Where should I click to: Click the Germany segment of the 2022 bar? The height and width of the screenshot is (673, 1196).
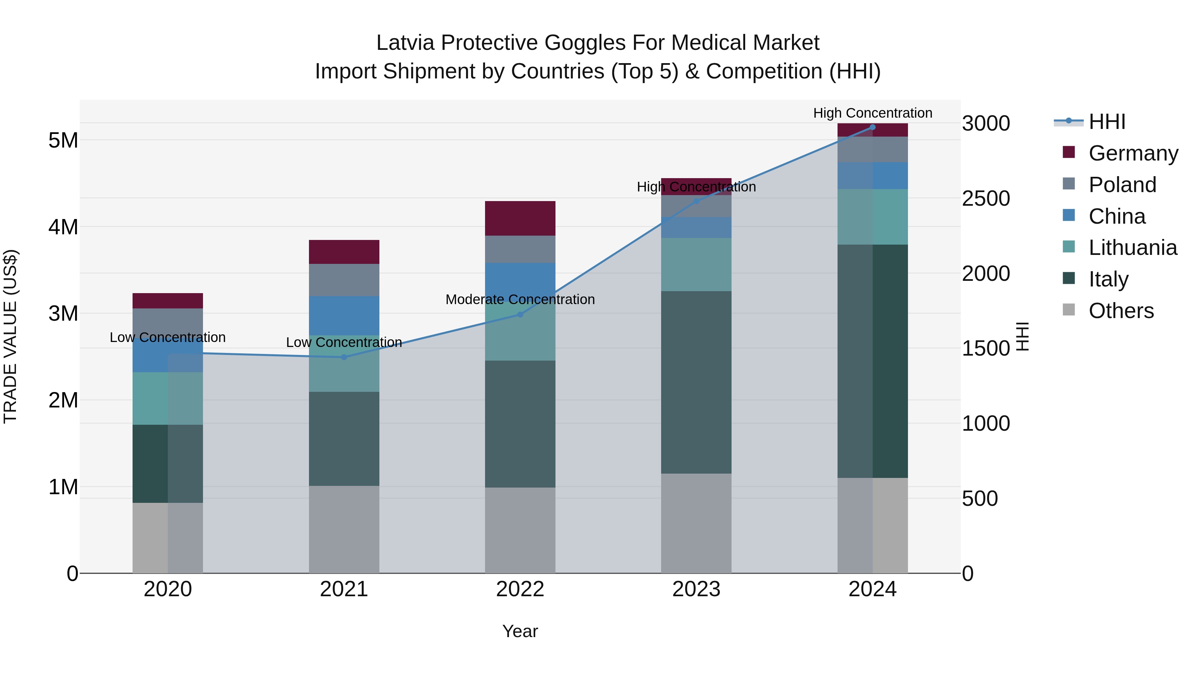[520, 218]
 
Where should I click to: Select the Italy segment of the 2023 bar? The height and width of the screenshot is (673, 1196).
[696, 382]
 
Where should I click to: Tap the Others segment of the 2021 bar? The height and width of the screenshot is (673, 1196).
[344, 529]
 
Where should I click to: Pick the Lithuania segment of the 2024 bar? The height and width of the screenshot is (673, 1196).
[872, 217]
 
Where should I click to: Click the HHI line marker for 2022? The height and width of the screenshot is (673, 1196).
[520, 314]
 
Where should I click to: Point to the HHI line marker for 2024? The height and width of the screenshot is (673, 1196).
[872, 127]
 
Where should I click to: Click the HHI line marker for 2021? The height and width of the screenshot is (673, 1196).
[344, 357]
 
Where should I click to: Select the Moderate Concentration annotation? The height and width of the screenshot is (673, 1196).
[520, 299]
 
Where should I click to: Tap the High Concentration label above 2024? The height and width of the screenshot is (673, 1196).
[872, 113]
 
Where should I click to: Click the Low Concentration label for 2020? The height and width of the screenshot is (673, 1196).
[168, 337]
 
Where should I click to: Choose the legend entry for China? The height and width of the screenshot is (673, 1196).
[1117, 216]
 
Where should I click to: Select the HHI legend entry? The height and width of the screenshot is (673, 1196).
[1107, 122]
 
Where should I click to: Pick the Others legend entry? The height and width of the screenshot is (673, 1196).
[1121, 311]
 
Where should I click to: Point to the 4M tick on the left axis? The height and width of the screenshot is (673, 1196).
[63, 227]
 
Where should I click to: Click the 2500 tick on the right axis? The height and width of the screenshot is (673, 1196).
[986, 199]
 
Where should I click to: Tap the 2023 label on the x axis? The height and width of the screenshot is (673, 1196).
[696, 589]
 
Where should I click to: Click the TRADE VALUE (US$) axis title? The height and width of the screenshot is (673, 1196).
[10, 336]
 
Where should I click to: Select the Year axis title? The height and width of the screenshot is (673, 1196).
[520, 631]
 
